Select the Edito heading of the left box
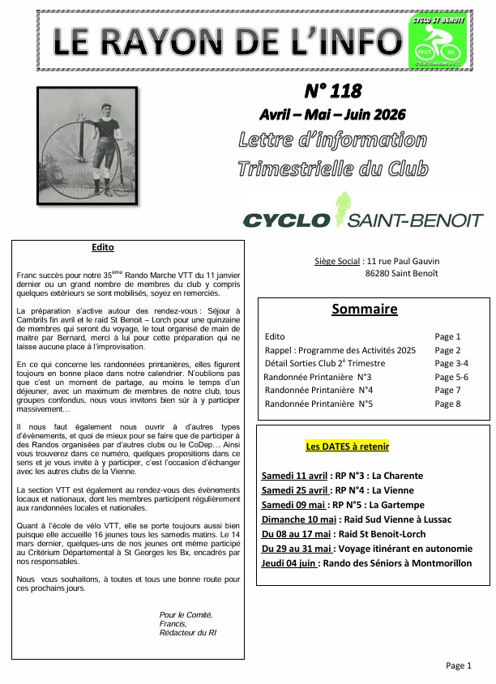click(104, 247)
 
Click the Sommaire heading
click(365, 309)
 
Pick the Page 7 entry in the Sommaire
click(447, 390)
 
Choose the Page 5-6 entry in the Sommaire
click(451, 376)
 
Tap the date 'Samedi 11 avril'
click(295, 475)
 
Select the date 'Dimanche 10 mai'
click(298, 519)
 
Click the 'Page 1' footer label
click(457, 665)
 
